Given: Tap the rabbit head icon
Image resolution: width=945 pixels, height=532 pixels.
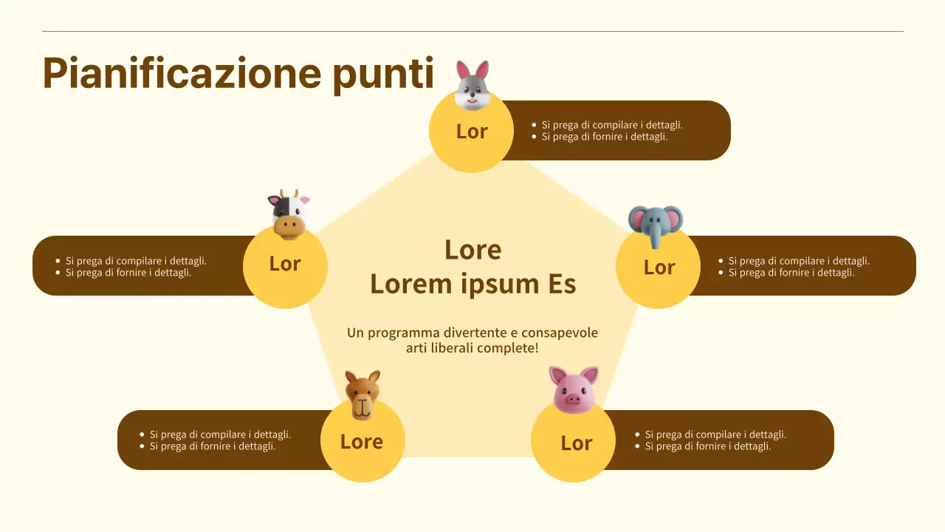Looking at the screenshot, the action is pos(472,86).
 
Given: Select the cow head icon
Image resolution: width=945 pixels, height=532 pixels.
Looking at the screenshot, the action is pos(288,214).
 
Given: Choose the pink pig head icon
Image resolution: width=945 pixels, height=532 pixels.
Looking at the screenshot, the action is pos(574,389).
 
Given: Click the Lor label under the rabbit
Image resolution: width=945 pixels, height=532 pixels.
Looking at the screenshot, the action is pos(472,132).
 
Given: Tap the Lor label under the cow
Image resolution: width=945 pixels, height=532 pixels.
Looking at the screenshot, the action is pos(285,264).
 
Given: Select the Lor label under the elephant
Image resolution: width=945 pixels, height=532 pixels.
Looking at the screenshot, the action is pos(659,267).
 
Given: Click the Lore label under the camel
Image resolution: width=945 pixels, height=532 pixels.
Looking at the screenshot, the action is pos(362,442).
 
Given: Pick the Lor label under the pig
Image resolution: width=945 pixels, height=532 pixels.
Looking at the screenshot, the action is pos(577,443).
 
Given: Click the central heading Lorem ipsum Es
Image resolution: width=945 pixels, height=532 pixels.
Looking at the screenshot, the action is pos(472,284).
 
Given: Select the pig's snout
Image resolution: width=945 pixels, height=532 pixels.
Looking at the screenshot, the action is pos(574,399).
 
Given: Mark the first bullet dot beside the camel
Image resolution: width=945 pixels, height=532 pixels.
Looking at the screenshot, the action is pos(142,435).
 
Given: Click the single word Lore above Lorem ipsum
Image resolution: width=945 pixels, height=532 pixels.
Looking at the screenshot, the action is pos(472,250).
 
